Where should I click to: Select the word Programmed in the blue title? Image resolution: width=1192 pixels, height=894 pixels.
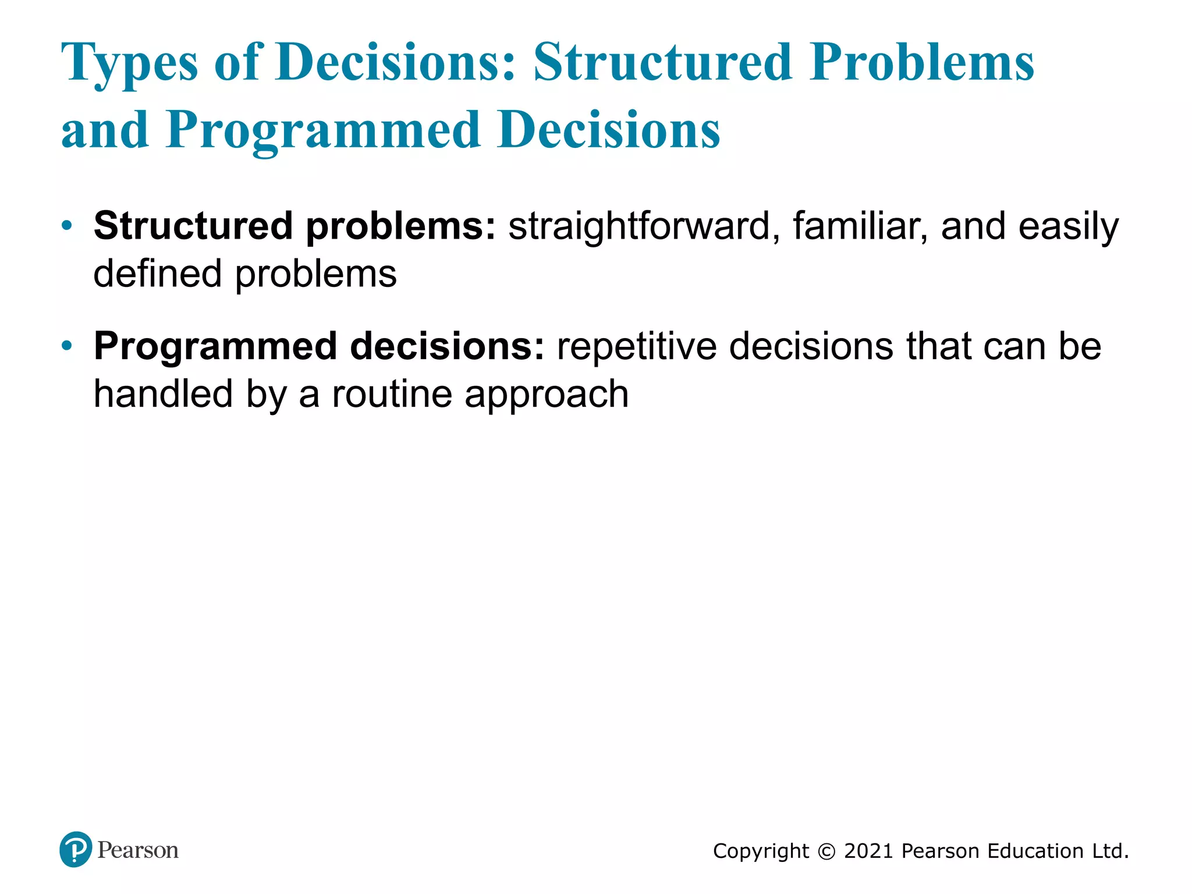pyautogui.click(x=323, y=130)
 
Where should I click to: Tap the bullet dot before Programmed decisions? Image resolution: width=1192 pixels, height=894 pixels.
pyautogui.click(x=68, y=346)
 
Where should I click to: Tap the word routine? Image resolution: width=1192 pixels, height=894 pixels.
pyautogui.click(x=391, y=395)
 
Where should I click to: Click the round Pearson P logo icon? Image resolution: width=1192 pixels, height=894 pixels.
pyautogui.click(x=76, y=849)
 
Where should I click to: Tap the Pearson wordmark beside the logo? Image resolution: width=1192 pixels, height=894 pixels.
pyautogui.click(x=138, y=850)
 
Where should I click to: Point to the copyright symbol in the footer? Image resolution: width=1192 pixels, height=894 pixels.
pyautogui.click(x=826, y=852)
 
